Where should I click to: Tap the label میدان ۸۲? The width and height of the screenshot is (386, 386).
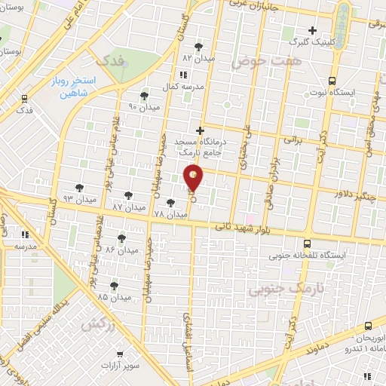198,58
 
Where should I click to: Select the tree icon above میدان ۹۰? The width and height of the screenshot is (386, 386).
144,96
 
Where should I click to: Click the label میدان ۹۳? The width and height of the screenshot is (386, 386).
78,199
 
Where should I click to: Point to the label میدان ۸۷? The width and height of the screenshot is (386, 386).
127,206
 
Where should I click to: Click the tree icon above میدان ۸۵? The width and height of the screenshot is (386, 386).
114,285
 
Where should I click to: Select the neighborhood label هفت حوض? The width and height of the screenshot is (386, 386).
256,62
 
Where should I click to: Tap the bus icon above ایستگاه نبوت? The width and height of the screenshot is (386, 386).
332,81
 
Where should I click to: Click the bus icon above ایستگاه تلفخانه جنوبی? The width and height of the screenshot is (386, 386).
307,244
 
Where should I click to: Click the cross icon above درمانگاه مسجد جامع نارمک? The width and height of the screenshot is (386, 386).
201,130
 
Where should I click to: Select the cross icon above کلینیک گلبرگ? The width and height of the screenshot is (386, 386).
311,30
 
